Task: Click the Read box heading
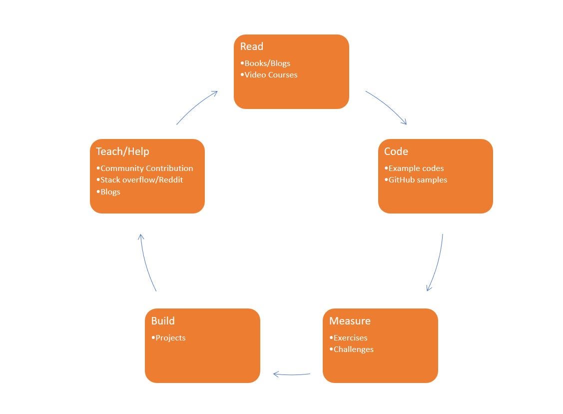[x=251, y=46]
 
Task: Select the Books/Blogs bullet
[x=265, y=63]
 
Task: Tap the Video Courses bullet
[x=269, y=75]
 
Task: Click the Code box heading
[x=396, y=151]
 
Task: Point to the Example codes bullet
[x=414, y=168]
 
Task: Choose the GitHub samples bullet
[x=416, y=180]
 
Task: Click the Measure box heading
[x=350, y=321]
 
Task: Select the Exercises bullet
[x=348, y=338]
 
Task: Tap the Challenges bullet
[x=351, y=349]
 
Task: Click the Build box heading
[x=163, y=321]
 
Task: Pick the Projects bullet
[x=168, y=338]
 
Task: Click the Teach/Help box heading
[x=122, y=151]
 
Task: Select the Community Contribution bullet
[x=144, y=168]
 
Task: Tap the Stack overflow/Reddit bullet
[x=139, y=180]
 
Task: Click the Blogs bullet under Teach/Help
[x=108, y=192]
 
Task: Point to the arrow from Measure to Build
[x=292, y=374]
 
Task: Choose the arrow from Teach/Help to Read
[x=196, y=105]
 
